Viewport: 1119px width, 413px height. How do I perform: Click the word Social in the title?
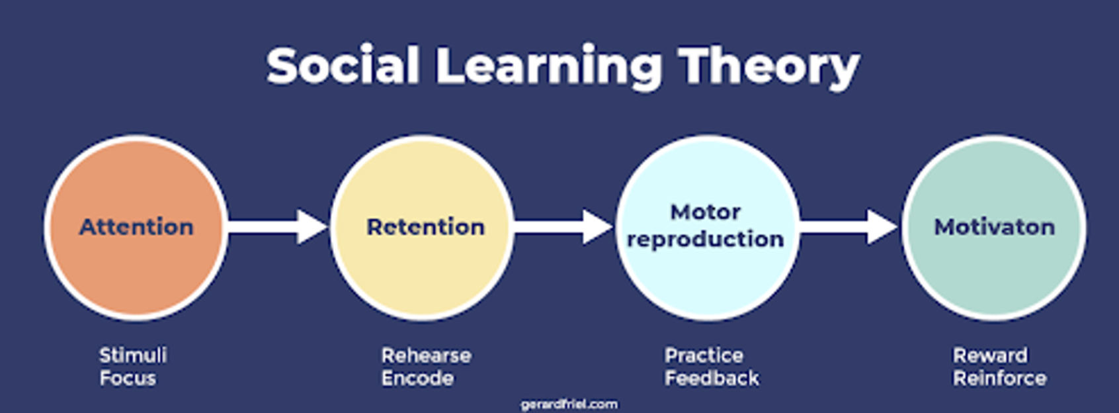click(343, 66)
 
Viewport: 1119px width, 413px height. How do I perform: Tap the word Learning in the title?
click(548, 67)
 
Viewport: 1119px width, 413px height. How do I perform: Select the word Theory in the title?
click(770, 67)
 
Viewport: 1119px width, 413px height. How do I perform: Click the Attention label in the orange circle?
click(136, 227)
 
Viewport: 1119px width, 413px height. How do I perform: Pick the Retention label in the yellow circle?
click(425, 227)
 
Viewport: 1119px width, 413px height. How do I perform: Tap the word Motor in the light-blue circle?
click(705, 212)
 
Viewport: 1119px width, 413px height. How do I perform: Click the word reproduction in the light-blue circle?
click(705, 239)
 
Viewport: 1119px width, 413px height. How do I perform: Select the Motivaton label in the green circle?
click(994, 227)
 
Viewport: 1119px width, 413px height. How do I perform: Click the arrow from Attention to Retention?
click(278, 227)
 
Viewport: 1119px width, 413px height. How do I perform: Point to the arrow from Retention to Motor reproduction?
click(563, 227)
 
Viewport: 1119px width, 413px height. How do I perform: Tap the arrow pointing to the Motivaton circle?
click(849, 227)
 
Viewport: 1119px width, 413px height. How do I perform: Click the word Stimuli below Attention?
click(133, 355)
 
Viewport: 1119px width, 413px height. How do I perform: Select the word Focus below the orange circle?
click(128, 378)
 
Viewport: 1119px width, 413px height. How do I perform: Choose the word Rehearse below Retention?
click(426, 355)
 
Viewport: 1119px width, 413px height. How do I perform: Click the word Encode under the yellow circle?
click(417, 378)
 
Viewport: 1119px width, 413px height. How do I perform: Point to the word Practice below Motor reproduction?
click(704, 355)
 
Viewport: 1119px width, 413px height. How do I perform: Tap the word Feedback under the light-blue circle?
click(712, 378)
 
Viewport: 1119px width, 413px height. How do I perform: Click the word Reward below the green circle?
click(990, 355)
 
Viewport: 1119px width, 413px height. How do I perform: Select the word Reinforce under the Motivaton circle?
click(999, 378)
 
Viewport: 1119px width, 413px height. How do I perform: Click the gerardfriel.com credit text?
click(569, 404)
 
